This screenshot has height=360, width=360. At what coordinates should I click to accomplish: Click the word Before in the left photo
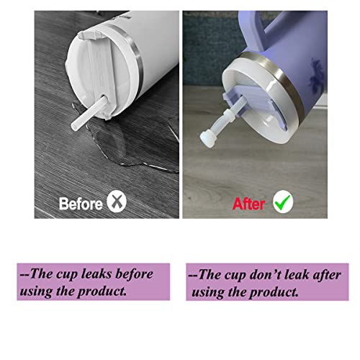81,204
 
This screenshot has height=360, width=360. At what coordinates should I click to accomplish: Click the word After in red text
248,204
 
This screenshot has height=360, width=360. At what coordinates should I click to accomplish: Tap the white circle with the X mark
117,201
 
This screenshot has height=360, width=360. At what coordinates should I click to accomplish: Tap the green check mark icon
283,202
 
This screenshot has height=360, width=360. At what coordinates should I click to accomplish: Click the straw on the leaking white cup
89,113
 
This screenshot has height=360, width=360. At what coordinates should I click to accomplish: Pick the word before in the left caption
134,274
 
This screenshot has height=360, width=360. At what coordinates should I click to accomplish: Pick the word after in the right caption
327,275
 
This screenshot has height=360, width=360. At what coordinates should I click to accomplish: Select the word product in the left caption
102,292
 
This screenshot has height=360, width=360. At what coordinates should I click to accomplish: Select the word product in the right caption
274,292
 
